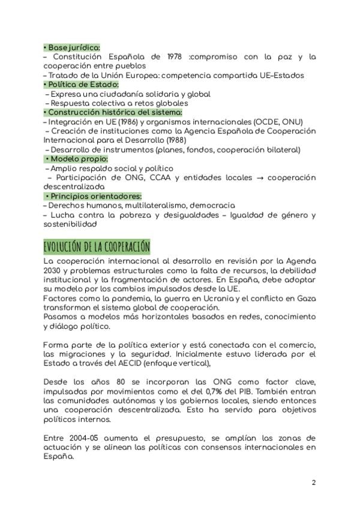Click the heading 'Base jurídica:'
tap(73, 47)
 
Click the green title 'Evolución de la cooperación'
tap(97, 247)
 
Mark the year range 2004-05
tap(83, 438)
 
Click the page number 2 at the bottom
tap(313, 483)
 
